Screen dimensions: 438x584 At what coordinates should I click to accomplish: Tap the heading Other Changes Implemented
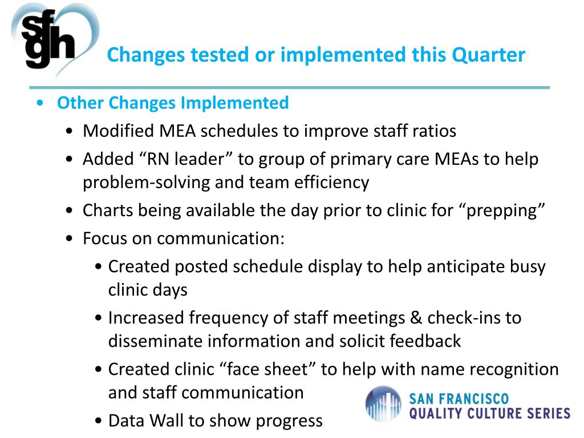(x=173, y=103)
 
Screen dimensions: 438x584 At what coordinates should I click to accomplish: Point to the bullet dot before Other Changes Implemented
(x=39, y=104)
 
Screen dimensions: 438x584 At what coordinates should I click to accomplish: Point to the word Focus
(x=107, y=238)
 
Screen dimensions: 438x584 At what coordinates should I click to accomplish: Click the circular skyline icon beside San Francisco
(x=383, y=404)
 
